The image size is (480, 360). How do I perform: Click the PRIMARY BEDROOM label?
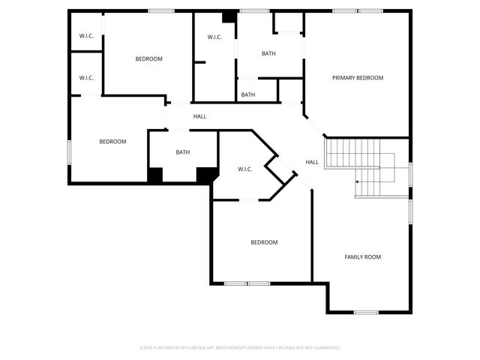[358, 78]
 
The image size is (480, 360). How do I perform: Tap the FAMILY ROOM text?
[362, 257]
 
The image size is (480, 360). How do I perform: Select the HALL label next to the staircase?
[312, 162]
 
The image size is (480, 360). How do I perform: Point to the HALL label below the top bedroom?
[199, 116]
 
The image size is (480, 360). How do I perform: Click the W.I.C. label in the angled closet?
[244, 169]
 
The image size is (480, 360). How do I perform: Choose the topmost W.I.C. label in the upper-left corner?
[86, 36]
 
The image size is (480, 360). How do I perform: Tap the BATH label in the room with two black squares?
[183, 152]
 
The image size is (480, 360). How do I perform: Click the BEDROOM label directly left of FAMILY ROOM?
[264, 242]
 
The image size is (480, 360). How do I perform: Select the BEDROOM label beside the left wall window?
[112, 142]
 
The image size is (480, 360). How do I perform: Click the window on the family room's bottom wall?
[366, 312]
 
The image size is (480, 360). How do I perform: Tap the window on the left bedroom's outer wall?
[69, 152]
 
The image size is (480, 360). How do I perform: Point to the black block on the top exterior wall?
[229, 16]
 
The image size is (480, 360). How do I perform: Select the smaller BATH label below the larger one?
[248, 94]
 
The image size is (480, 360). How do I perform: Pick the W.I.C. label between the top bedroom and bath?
[214, 37]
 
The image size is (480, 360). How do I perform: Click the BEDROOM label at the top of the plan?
[148, 59]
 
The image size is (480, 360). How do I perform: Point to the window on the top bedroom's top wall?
[161, 10]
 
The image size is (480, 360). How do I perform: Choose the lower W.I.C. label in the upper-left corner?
[86, 77]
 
